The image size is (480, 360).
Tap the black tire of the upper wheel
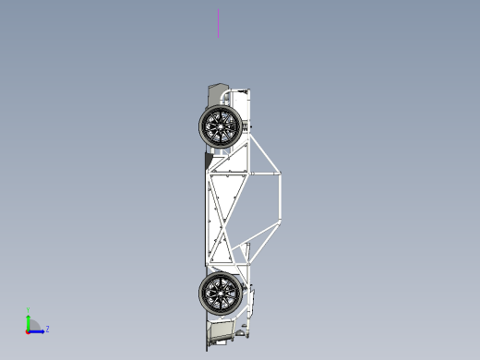point(205,126)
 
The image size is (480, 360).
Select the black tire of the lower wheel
point(205,294)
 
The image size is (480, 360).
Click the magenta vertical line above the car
point(219,23)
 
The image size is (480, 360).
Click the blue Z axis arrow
point(39,330)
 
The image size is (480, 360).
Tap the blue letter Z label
point(47,329)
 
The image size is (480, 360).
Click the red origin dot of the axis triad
point(28,330)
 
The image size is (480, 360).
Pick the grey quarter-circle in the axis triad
point(33,324)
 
